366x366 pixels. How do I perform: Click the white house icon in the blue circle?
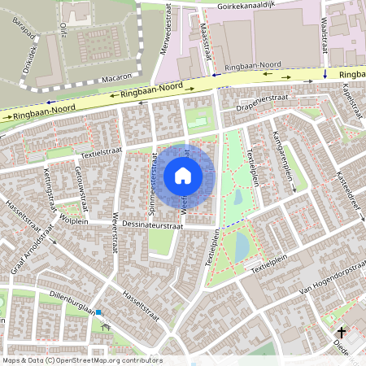point(183,175)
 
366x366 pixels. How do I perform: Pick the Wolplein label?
point(73,220)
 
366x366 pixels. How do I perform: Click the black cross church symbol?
point(342,333)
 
